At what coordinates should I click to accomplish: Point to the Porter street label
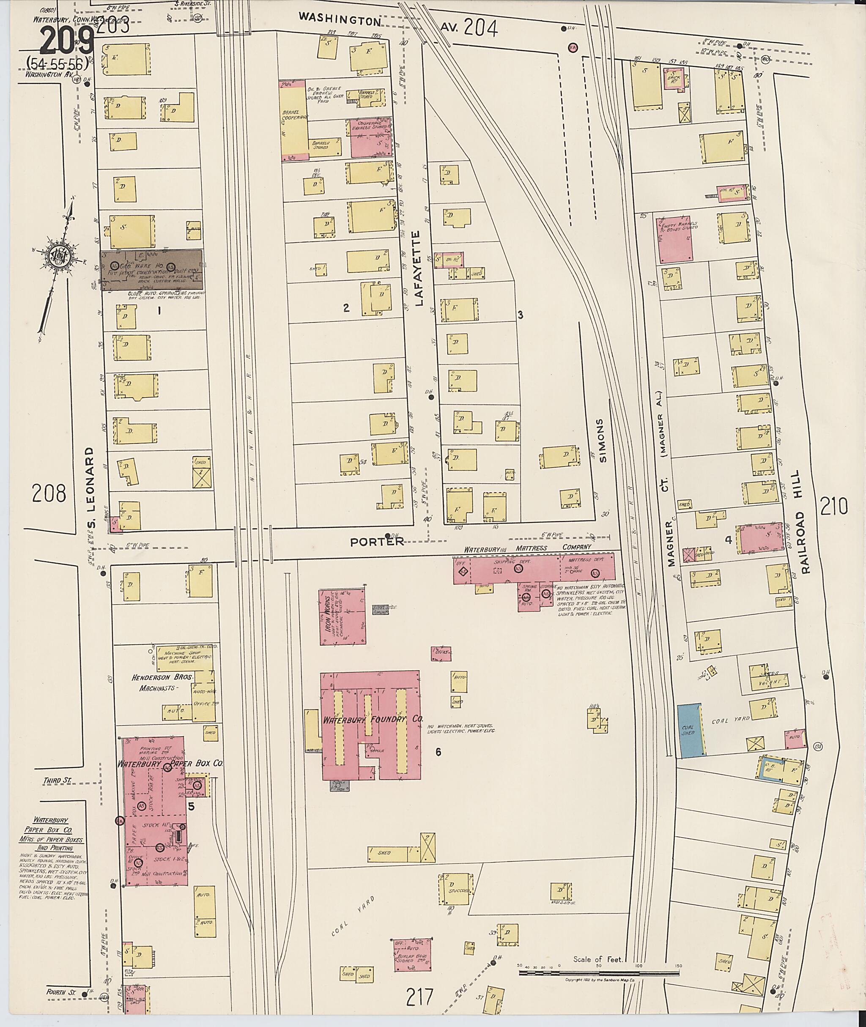(x=377, y=542)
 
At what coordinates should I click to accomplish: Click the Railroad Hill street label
(x=805, y=521)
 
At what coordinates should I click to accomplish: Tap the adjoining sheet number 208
(x=49, y=493)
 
